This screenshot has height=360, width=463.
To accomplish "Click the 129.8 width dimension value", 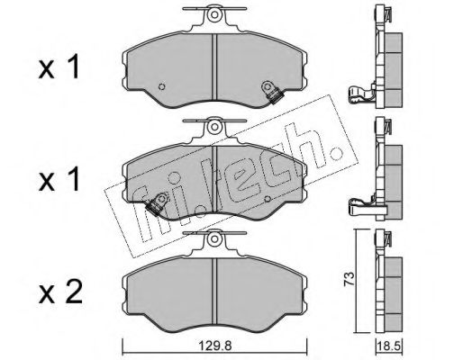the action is (215, 346).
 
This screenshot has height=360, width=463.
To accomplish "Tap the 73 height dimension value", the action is (350, 280).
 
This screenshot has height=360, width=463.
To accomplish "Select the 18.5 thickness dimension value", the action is (390, 346).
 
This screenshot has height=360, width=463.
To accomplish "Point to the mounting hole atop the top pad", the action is (213, 14).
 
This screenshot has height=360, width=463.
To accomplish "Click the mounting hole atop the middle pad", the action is (213, 126).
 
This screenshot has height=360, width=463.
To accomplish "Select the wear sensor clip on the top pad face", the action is (272, 93).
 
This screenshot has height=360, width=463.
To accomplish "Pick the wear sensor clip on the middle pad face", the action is (157, 204).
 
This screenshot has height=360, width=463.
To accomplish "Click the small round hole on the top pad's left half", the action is (161, 86).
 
